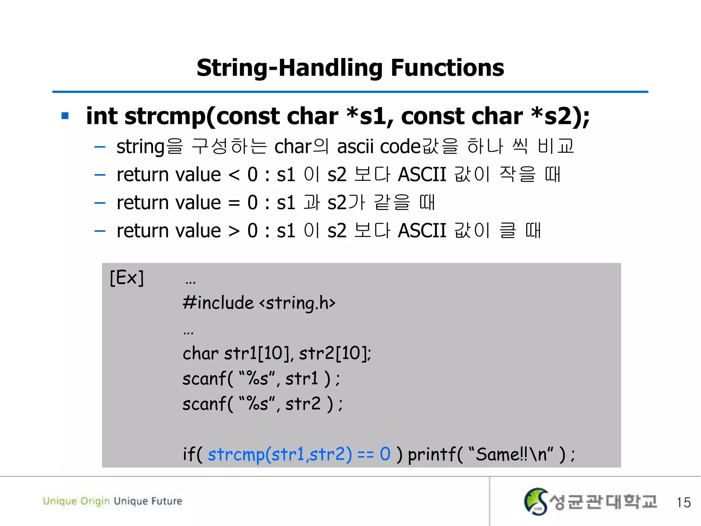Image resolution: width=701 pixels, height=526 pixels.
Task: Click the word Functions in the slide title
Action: (447, 68)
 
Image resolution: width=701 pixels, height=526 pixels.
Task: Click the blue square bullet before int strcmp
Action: (65, 116)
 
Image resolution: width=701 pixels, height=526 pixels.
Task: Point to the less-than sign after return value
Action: (234, 175)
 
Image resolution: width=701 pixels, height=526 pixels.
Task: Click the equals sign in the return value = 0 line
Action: (234, 203)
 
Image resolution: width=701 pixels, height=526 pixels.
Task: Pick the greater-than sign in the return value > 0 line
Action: (234, 231)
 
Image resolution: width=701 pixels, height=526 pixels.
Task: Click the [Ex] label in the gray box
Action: (127, 277)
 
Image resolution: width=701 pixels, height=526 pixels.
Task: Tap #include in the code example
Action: (218, 303)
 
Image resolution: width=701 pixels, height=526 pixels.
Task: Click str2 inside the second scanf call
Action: (303, 404)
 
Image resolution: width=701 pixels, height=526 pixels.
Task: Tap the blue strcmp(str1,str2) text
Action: (280, 455)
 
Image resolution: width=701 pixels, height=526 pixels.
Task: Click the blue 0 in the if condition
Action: (385, 454)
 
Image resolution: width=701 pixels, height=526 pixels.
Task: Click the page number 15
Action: (683, 502)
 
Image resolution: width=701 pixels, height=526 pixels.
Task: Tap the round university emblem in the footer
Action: (536, 501)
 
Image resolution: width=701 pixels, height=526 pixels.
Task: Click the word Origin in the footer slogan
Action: (95, 501)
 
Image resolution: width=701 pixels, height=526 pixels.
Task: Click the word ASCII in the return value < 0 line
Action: (422, 175)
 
